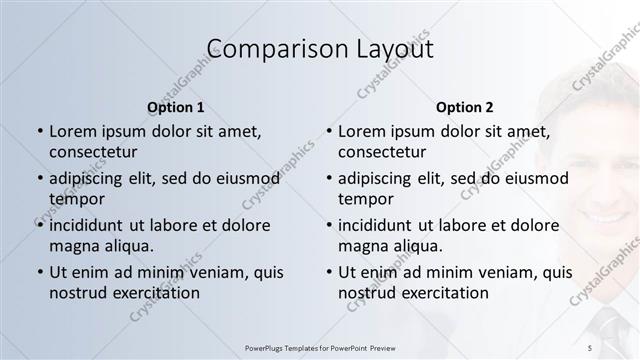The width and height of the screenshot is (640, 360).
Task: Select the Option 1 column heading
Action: (176, 107)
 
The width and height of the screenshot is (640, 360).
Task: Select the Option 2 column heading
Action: (465, 107)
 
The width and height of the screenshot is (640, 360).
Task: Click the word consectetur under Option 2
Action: (382, 152)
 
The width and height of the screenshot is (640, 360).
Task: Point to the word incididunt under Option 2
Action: (382, 225)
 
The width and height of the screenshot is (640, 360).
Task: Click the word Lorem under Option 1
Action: (71, 131)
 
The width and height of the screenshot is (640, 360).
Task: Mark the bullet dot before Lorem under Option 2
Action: (329, 132)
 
